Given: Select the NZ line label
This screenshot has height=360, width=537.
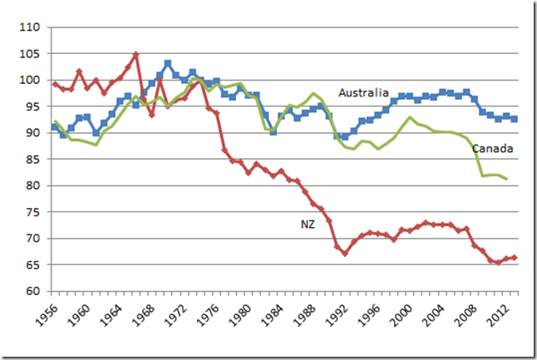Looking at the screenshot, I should [x=308, y=223].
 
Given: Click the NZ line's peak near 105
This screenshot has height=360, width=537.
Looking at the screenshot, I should [x=136, y=55].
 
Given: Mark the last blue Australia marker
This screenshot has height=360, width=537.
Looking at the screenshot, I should [x=515, y=119].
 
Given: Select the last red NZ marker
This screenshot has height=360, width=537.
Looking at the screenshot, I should [x=515, y=258].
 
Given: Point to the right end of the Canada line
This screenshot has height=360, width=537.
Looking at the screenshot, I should [x=507, y=179].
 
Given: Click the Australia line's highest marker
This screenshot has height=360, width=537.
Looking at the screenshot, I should [x=168, y=63].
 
